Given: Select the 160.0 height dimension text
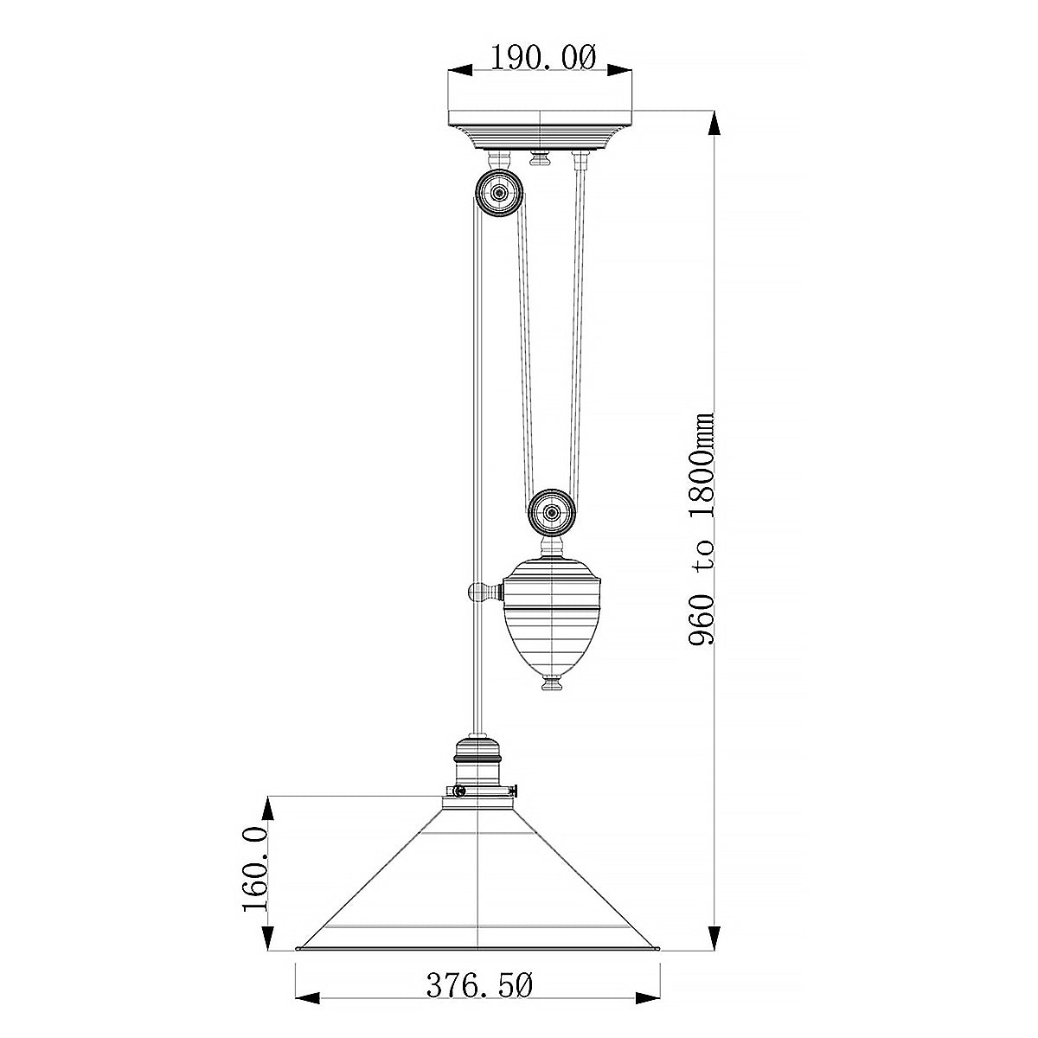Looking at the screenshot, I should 256,868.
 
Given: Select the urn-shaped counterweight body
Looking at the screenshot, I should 552,614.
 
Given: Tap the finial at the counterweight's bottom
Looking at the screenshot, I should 552,683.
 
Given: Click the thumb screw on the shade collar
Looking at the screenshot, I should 459,791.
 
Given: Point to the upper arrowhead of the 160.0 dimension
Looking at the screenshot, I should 269,810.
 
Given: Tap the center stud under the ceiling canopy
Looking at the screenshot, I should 541,158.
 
